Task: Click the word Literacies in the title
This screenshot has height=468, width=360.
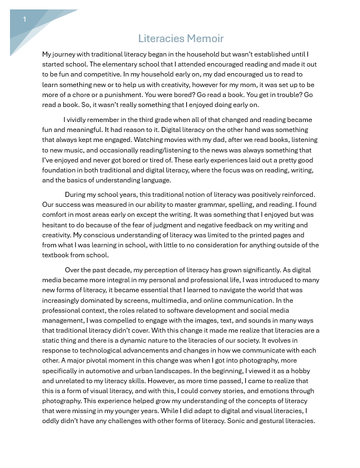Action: coord(161,39)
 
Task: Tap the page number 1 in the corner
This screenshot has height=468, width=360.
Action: coord(24,19)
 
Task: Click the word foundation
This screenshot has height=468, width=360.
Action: coord(60,170)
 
